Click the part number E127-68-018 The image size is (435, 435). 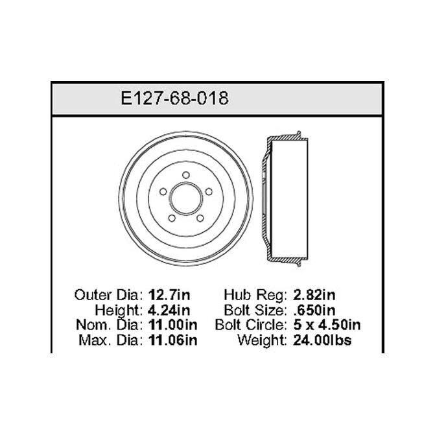(175, 98)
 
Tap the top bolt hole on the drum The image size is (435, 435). (186, 175)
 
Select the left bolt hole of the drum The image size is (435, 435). (163, 191)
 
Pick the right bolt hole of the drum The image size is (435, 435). (209, 191)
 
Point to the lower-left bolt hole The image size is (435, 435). (172, 218)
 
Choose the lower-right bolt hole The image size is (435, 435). (200, 218)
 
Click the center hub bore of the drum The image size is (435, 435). (186, 198)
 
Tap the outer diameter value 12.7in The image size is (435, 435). (169, 295)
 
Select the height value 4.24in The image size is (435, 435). (169, 310)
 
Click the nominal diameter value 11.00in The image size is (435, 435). (173, 325)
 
